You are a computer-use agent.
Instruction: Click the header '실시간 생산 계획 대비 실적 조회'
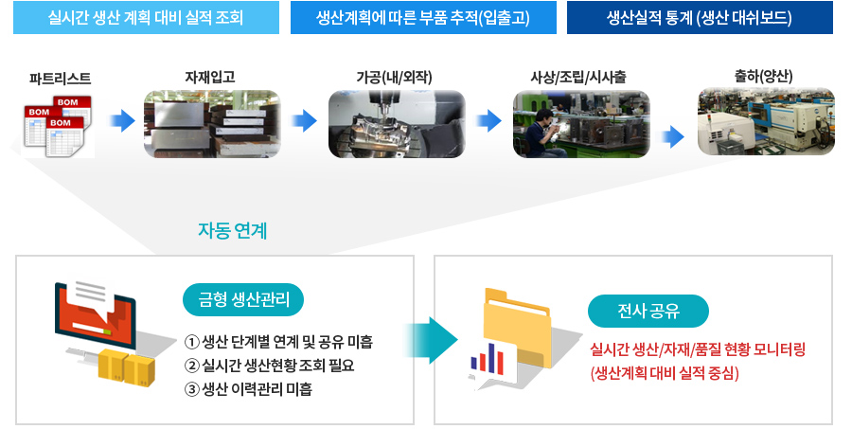pos(146,18)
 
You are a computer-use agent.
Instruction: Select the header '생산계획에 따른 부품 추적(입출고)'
pos(423,18)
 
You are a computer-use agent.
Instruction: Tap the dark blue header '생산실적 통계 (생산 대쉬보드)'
pos(700,18)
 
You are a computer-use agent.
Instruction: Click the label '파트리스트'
pos(61,79)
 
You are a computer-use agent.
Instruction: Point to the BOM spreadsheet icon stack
pos(58,127)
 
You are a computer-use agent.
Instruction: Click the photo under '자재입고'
pos(212,124)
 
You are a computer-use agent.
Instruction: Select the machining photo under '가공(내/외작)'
pos(397,124)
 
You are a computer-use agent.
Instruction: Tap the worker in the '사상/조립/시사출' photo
pos(543,134)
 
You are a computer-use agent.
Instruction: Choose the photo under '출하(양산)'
pos(766,121)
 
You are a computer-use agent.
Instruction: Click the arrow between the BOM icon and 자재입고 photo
pos(122,120)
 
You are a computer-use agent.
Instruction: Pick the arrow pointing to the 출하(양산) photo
pos(673,136)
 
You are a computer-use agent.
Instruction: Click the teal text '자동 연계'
pos(233,231)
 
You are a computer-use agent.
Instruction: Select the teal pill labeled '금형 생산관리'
pos(243,299)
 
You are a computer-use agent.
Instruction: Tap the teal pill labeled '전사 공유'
pos(648,311)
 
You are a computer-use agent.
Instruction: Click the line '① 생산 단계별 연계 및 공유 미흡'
pos(278,342)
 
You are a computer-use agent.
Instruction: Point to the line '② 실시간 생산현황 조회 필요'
pos(270,366)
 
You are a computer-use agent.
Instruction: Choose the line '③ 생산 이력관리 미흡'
pos(248,389)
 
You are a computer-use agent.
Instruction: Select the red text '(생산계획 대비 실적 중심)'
pos(665,373)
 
